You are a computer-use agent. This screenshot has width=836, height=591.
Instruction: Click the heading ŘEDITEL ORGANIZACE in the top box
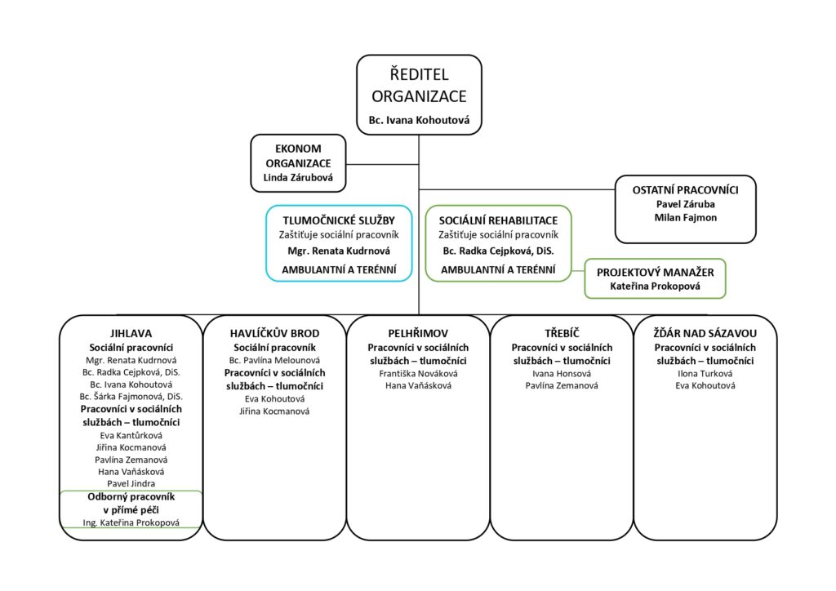419,85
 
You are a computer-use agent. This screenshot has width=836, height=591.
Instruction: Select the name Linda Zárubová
298,177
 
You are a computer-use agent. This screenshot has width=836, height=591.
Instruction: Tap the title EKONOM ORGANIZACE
298,156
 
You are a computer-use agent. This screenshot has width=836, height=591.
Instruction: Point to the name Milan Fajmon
686,217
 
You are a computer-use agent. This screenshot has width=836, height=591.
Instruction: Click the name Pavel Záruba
686,204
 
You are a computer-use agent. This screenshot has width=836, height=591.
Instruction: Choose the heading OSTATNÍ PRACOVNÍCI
686,189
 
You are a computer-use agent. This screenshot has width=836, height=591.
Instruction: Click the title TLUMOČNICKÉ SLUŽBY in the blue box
339,220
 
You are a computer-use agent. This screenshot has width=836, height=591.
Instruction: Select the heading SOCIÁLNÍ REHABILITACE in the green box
499,220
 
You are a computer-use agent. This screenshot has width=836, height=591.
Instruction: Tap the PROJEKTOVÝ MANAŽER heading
656,273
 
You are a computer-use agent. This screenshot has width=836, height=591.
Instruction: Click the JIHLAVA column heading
131,334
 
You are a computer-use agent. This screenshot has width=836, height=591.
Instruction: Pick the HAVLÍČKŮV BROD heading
274,334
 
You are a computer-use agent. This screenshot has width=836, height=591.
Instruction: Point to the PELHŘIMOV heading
418,334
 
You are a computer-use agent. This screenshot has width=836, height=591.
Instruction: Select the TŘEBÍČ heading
562,334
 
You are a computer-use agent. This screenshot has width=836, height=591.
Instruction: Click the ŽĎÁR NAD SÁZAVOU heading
705,334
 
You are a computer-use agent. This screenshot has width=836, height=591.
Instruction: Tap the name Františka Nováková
418,374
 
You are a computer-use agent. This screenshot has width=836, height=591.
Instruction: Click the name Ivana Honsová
562,374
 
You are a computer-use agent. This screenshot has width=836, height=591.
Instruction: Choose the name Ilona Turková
705,374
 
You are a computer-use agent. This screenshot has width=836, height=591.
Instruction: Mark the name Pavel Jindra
131,484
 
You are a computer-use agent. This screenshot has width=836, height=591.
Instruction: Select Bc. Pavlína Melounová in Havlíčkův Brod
274,361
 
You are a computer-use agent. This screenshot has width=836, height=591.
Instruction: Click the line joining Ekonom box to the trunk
382,164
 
